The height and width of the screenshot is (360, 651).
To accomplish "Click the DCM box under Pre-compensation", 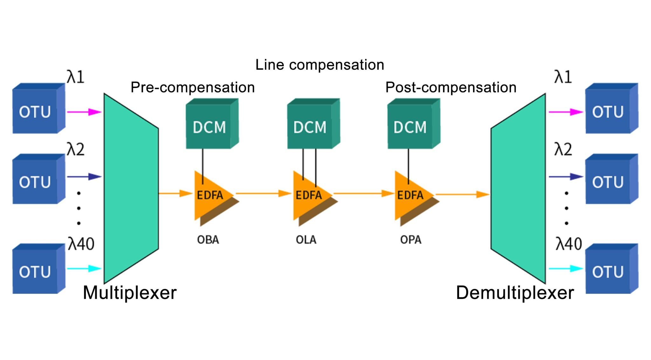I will click(x=210, y=127).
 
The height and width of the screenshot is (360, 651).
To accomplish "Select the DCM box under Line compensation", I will click(x=311, y=127).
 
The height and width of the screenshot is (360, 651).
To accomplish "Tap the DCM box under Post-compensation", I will click(x=411, y=127).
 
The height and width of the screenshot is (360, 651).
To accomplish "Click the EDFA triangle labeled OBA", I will click(x=211, y=195).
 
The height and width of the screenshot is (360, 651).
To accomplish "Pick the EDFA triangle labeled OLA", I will click(x=309, y=195).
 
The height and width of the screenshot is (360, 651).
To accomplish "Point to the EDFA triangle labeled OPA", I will click(x=411, y=195).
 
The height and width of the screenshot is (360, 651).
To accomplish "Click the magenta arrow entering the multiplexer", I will click(x=84, y=112).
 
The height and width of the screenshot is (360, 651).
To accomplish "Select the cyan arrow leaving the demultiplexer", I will click(x=566, y=269).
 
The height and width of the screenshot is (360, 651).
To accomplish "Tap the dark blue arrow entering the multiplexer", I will click(x=84, y=177).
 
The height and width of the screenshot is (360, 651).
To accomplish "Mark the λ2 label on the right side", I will click(x=563, y=149).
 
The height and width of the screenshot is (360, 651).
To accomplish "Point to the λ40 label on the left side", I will click(x=81, y=244).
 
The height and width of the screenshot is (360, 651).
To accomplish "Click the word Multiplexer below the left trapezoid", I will click(x=129, y=293).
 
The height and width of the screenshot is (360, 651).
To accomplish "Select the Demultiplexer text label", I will click(x=515, y=293).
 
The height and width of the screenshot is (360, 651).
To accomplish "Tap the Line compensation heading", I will click(x=319, y=65).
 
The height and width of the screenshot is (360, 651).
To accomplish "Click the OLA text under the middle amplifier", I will click(x=306, y=240).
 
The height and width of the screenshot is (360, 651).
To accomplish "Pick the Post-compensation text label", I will click(x=451, y=87).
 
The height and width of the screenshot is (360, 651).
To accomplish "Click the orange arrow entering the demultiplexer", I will click(x=463, y=194).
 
